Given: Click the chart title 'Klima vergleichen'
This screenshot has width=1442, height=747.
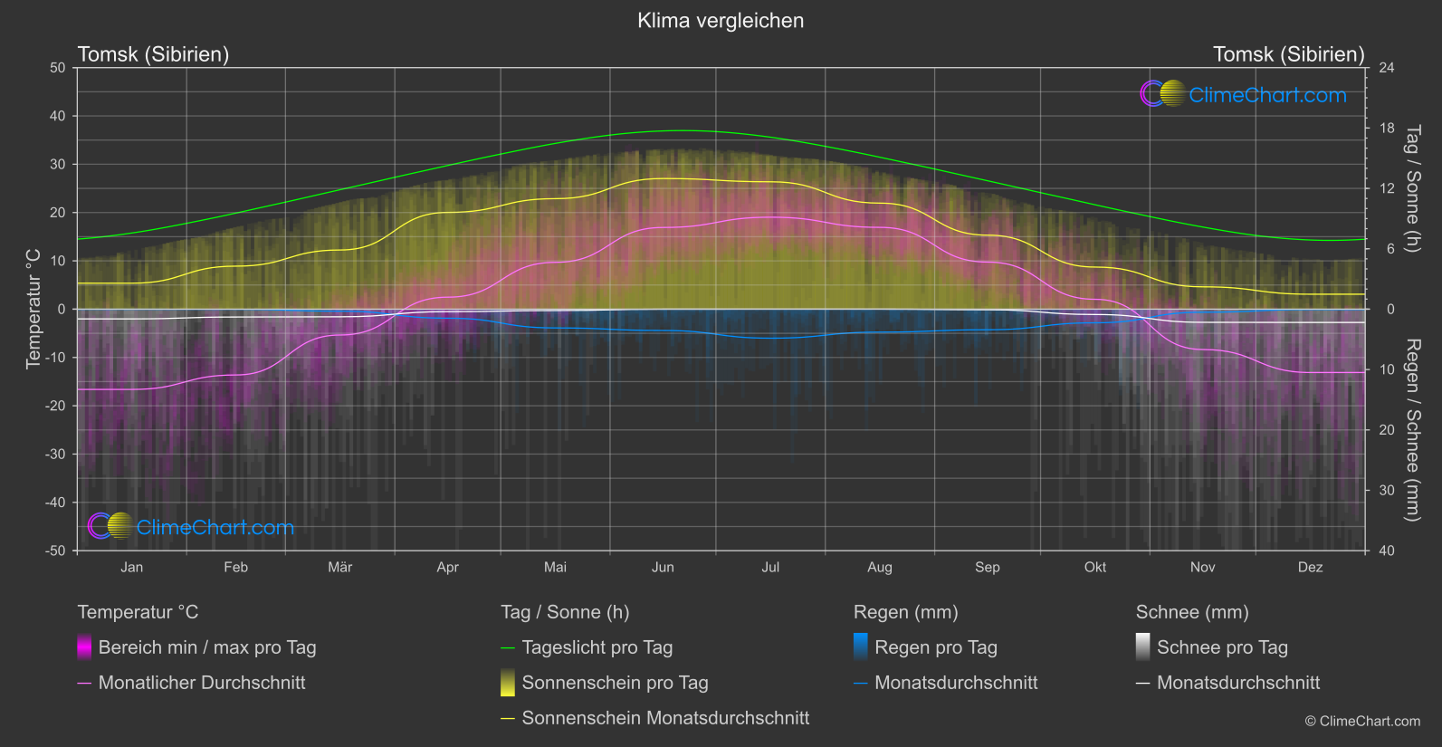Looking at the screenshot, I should coord(721,21).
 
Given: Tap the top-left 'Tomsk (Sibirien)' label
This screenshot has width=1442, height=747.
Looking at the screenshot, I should coord(153,54).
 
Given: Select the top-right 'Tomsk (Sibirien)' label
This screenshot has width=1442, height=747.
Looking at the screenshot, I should coord(1288,54).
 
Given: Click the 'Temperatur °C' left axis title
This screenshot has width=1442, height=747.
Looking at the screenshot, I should coord(33,309).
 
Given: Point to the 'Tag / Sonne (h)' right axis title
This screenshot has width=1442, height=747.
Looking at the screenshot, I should coord(1412,188).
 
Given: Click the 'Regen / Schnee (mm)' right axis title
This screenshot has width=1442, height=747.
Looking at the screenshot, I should coord(1412,430).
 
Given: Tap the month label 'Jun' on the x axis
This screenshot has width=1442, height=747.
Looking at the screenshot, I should coord(663,568).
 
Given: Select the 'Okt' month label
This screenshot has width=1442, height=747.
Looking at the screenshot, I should coord(1094,568).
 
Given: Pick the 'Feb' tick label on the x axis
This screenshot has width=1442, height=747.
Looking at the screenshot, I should coord(235,568).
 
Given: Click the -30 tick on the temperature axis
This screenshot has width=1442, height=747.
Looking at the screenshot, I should coord(56,455).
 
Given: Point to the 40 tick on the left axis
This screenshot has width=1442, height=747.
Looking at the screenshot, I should coord(58,116).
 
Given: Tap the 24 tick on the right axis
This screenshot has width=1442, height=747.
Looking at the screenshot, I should coord(1386,68).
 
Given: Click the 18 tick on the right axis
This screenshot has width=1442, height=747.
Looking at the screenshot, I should coord(1386,129).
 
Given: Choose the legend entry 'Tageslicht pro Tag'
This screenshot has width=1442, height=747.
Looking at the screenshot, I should coord(597,647).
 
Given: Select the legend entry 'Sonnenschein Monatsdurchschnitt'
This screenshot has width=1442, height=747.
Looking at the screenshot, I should coord(665,718).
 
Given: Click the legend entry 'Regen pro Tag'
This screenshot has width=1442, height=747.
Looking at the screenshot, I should coord(935,647).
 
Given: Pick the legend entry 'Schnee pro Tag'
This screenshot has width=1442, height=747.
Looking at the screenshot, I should coord(1221,647).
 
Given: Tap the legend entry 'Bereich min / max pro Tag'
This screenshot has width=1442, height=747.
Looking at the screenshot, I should coord(206,647).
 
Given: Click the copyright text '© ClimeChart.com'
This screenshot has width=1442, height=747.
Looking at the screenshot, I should coord(1362,722).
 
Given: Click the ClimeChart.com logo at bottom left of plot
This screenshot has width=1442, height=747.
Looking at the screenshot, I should coord(191,527).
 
